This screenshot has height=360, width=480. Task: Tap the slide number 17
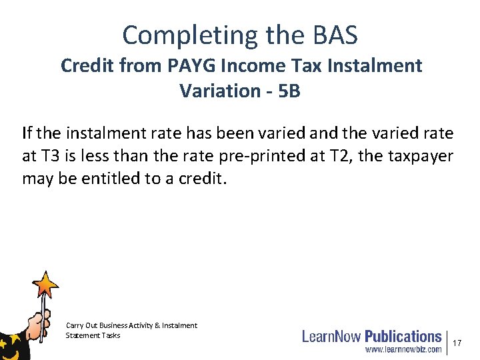coord(457,343)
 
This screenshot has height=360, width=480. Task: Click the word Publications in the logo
coord(403,337)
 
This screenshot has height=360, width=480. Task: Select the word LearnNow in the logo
coord(331,337)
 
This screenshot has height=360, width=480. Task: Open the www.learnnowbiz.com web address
coord(403,349)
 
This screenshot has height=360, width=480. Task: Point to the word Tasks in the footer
coord(111,335)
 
